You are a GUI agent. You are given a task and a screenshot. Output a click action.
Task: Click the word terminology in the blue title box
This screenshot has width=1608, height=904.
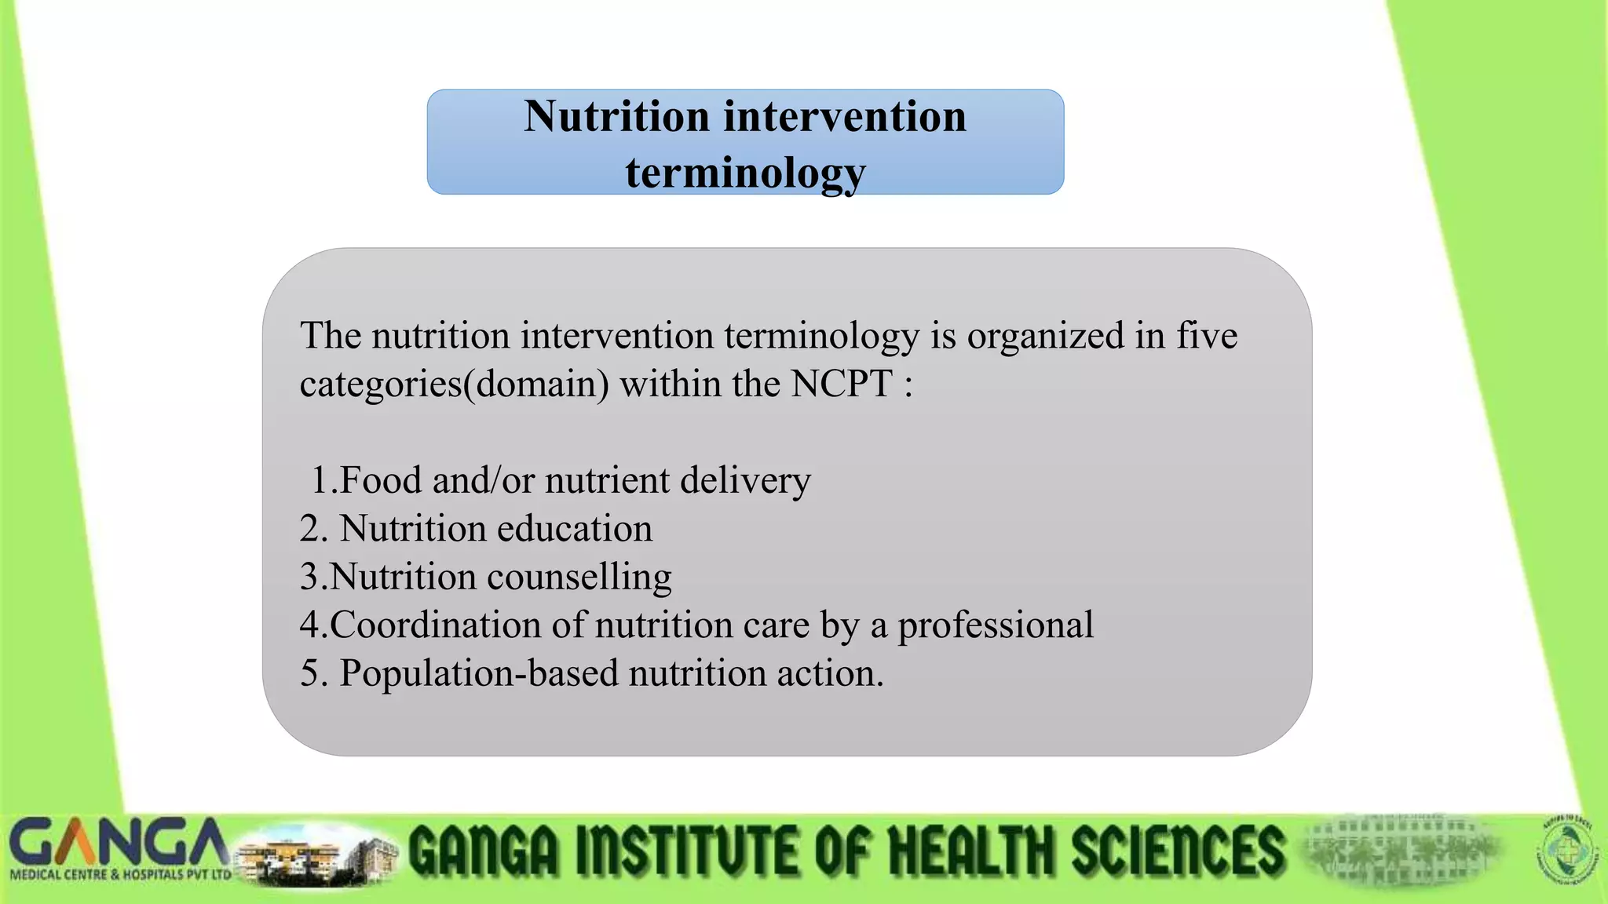coord(745,173)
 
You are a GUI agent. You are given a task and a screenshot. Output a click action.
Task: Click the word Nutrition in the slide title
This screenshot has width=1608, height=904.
coord(616,117)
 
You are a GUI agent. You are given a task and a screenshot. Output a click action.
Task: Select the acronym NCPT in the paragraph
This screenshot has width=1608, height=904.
coord(841,384)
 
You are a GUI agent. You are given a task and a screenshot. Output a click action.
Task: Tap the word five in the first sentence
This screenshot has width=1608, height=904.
coord(1206,335)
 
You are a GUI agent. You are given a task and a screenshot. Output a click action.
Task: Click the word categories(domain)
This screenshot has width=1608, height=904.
coord(454,385)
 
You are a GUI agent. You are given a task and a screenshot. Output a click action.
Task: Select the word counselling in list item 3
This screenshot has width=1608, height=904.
coord(579,577)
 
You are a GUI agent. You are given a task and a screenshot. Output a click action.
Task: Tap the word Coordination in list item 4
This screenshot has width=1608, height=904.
coord(435,625)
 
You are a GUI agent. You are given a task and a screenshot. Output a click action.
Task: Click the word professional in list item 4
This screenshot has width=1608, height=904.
coord(995,625)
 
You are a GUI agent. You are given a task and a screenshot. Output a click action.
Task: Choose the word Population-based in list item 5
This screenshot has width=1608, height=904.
coord(479,673)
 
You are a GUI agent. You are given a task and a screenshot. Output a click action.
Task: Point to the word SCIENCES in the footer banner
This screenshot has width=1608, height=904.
coord(1177,851)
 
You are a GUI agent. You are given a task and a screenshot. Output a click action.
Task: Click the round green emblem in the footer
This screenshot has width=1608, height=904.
coord(1568,851)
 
